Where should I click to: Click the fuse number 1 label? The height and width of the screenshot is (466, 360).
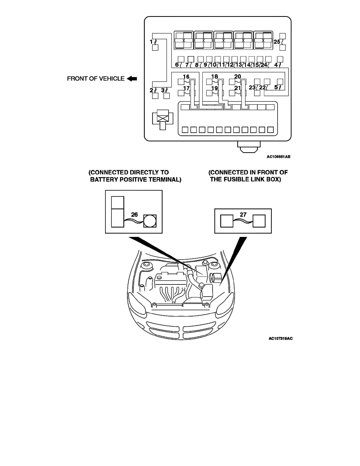pyautogui.click(x=151, y=41)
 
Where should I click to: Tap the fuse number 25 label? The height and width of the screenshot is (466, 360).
pyautogui.click(x=277, y=41)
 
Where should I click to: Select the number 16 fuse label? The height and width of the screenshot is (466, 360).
pyautogui.click(x=186, y=76)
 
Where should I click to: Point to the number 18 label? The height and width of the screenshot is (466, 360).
pyautogui.click(x=215, y=76)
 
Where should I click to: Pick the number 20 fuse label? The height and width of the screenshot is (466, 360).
pyautogui.click(x=238, y=76)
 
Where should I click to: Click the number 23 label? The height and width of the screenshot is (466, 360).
pyautogui.click(x=252, y=87)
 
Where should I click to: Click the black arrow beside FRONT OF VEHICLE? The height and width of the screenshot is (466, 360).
pyautogui.click(x=132, y=78)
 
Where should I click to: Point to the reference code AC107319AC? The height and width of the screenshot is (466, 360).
pyautogui.click(x=280, y=339)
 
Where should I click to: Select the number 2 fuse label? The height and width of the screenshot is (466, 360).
pyautogui.click(x=151, y=90)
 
